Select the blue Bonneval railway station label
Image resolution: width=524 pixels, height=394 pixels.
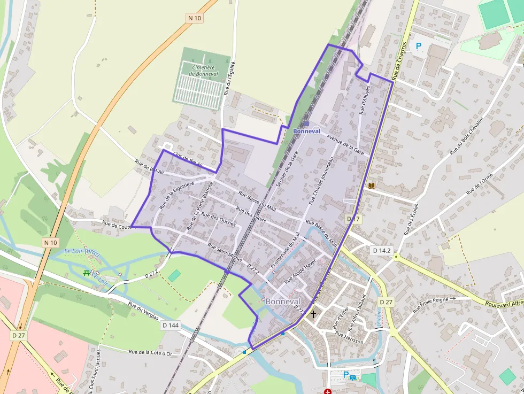[x=306, y=131]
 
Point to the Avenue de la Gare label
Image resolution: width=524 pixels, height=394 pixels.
[x=345, y=144]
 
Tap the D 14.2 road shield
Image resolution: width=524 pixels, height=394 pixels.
[x=382, y=250]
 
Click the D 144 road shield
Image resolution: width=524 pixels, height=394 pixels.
[x=170, y=325]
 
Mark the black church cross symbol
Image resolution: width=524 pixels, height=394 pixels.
[x=313, y=314]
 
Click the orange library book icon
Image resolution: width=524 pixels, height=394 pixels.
[x=372, y=186]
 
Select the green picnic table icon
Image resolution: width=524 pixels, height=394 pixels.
[x=86, y=273]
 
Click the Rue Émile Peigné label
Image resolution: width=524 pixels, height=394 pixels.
[x=433, y=304]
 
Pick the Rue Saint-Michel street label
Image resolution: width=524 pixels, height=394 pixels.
[x=225, y=253]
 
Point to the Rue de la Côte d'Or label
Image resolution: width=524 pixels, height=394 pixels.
[x=150, y=353]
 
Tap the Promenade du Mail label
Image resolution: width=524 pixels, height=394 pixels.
[x=284, y=250]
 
